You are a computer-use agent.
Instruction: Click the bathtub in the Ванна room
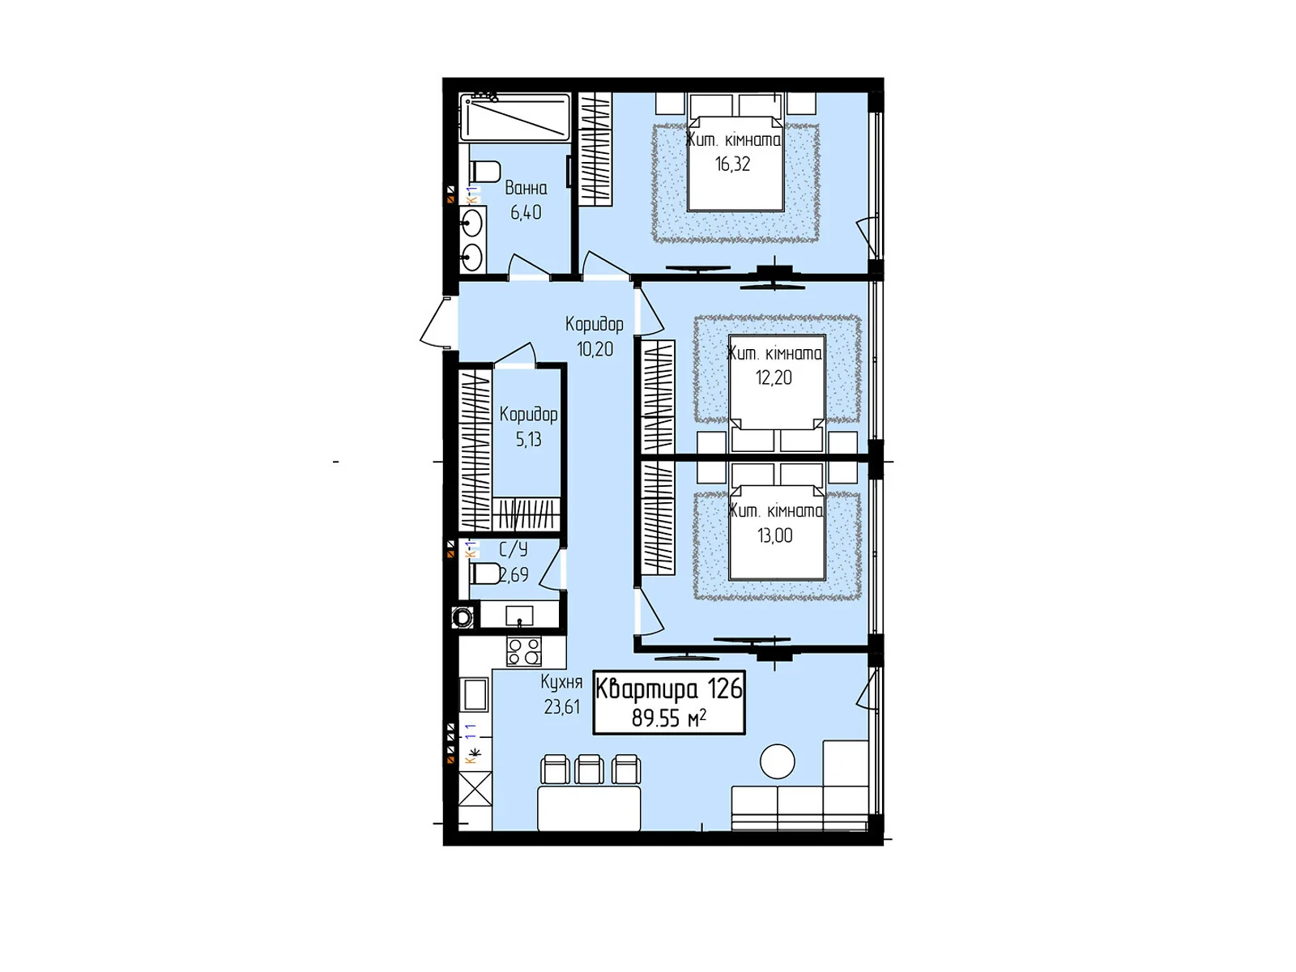click(515, 117)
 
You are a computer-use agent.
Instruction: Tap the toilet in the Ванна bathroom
click(485, 172)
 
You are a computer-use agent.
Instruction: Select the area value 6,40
click(526, 213)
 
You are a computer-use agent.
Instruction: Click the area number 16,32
click(732, 164)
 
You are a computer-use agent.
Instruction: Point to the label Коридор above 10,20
click(594, 324)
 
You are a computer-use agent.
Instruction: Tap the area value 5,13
click(528, 440)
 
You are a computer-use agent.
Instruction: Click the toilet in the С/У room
click(484, 573)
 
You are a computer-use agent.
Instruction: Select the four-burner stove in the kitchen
click(524, 651)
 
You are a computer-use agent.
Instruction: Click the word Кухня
click(561, 682)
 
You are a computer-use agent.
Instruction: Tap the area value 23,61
click(561, 707)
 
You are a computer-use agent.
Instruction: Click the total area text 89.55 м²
click(668, 718)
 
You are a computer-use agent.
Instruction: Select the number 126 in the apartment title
click(724, 689)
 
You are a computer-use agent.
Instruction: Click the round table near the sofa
click(778, 761)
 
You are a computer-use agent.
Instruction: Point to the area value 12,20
click(774, 377)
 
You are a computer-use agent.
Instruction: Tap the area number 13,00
click(774, 535)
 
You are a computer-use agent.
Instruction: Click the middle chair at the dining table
click(589, 769)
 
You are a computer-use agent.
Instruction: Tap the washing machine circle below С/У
click(463, 618)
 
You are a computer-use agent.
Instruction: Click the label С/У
click(513, 550)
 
